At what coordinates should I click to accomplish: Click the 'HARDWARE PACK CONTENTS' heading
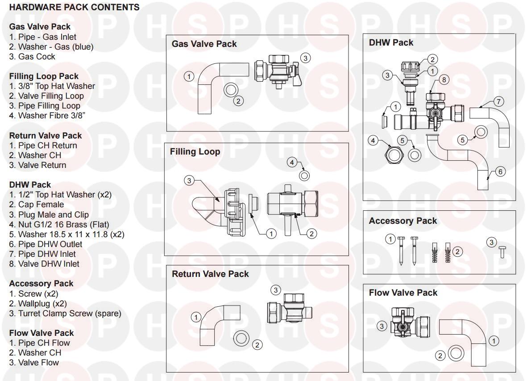pos(74,8)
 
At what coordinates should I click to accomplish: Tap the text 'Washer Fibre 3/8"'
pos(47,116)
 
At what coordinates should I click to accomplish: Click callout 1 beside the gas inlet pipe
pos(189,76)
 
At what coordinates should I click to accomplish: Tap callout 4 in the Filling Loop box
pos(292,162)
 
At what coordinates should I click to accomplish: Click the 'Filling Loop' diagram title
pos(195,152)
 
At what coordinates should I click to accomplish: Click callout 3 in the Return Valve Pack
pos(276,290)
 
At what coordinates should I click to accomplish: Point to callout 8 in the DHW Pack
pos(444,80)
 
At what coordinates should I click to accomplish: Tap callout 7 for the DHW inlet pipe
pos(499,101)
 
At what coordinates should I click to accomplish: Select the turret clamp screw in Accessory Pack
pos(501,252)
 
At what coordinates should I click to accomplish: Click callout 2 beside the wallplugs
pos(456,251)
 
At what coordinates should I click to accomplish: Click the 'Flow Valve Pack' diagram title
pos(403,293)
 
